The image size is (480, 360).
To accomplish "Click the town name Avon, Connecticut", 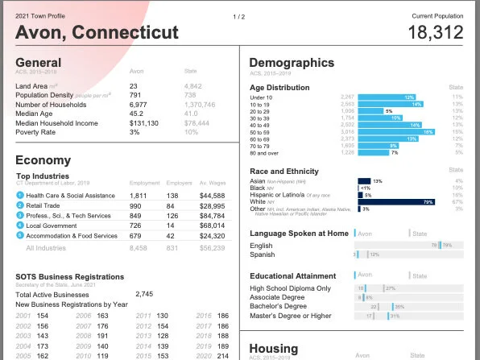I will pos(97,32).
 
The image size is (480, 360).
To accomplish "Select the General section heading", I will pos(38,63).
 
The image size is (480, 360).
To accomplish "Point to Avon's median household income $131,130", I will pos(144,122).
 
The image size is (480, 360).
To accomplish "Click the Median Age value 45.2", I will pos(137,114).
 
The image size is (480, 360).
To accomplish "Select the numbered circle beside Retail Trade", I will pos(20,206).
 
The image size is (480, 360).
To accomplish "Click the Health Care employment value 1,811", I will pos(139,196).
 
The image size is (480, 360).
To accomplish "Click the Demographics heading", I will pos(291,63).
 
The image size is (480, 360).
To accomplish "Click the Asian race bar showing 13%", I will pos(364,181).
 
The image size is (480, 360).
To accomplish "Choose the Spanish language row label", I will pos(263,254).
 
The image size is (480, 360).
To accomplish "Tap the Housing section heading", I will pos(274,348).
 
